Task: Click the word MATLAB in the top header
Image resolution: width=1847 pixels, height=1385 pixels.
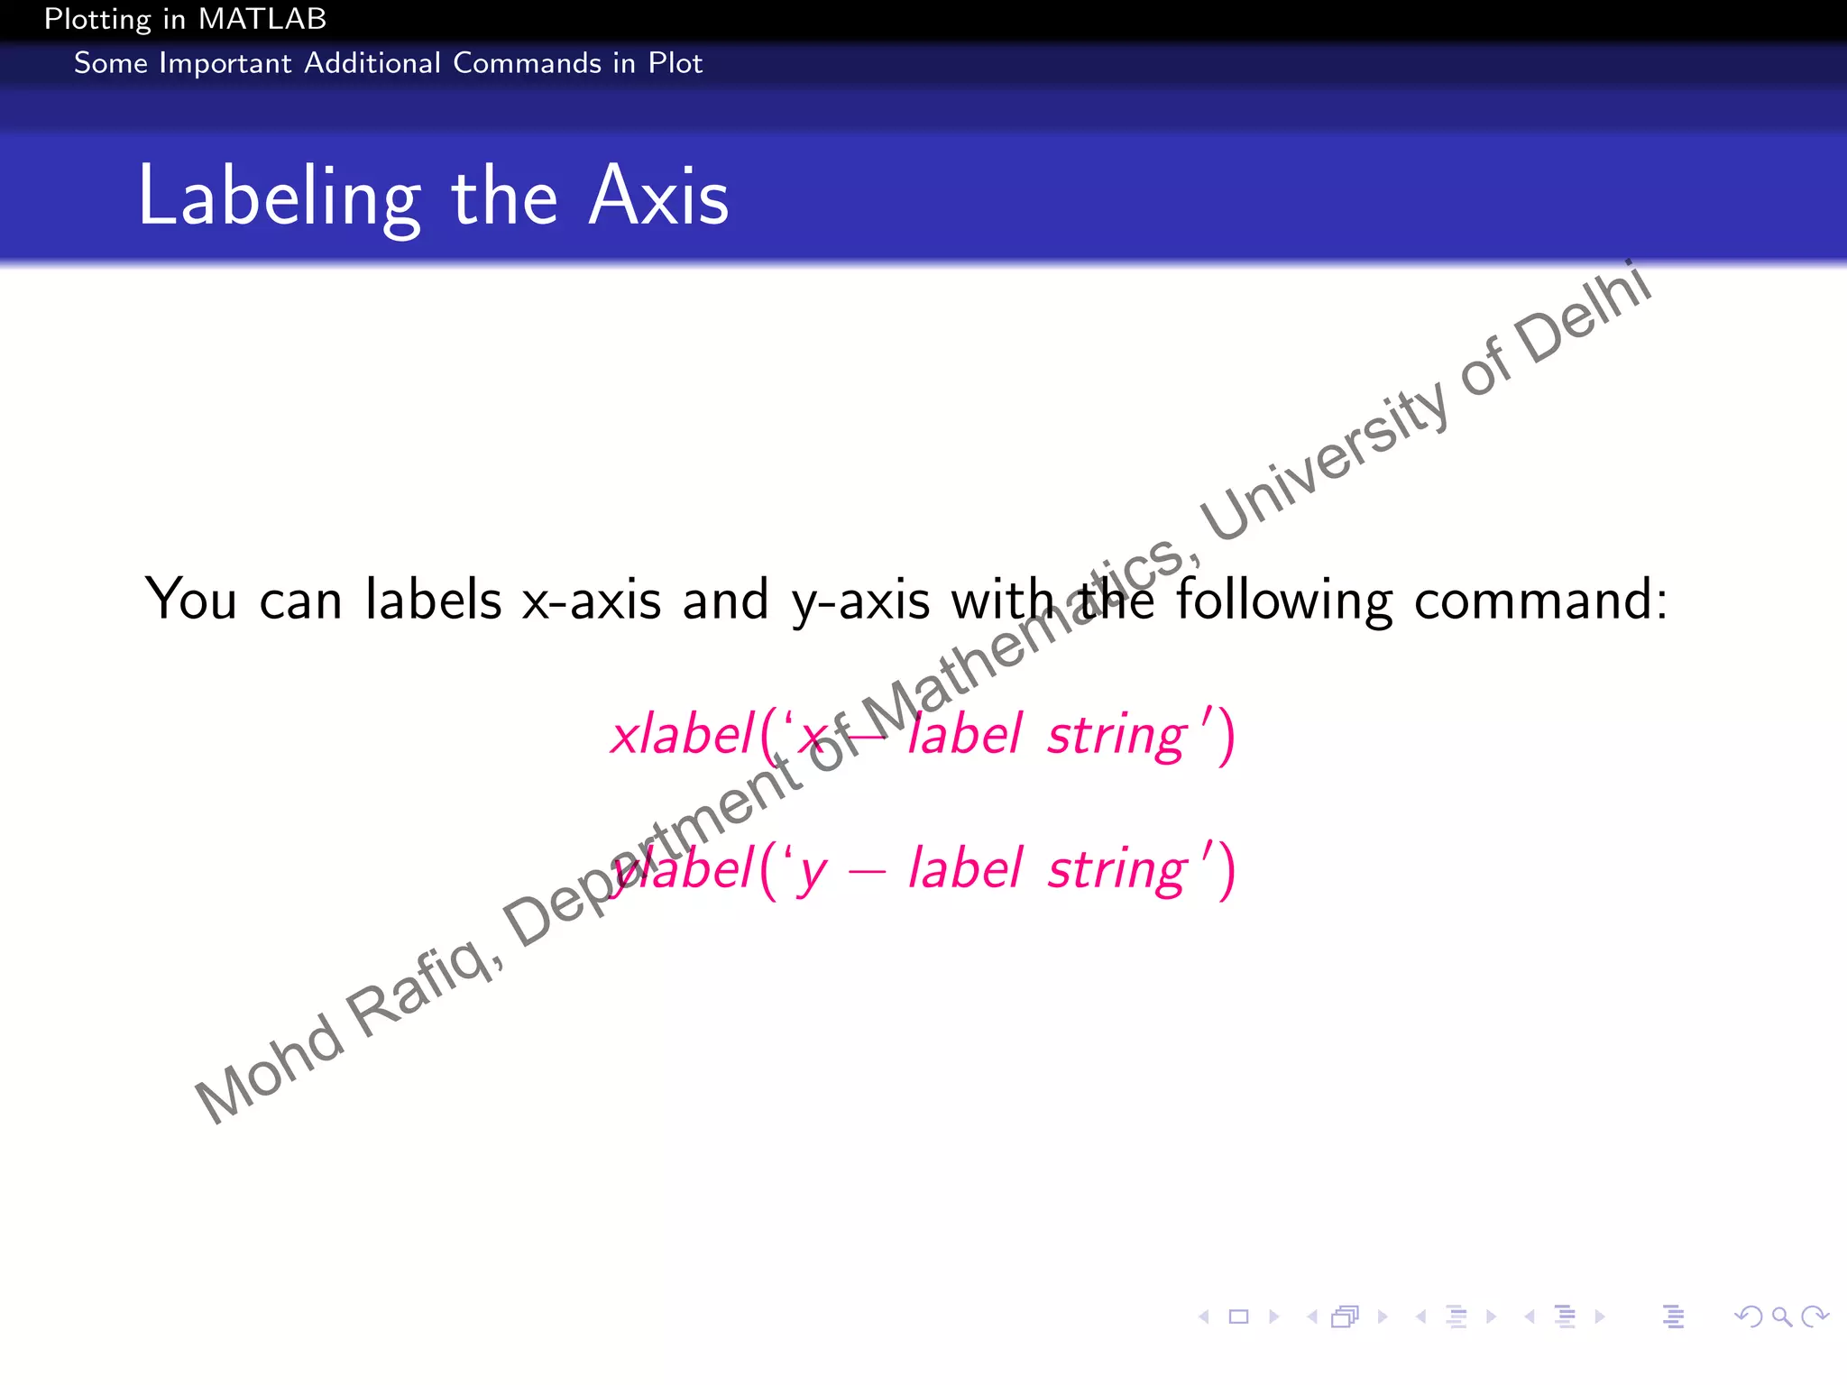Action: (x=262, y=19)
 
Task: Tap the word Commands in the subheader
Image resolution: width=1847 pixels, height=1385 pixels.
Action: (x=527, y=63)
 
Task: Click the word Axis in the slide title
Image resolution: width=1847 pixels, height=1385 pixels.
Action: (x=658, y=197)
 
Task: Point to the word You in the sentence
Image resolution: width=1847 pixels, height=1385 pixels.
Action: (x=190, y=599)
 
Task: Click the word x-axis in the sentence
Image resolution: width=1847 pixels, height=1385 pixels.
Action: (x=592, y=601)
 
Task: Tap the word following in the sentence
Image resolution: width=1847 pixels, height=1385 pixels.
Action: (x=1284, y=601)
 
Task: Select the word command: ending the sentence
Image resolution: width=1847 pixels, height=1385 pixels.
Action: (x=1540, y=601)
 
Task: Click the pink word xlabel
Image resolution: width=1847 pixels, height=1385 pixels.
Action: (x=682, y=734)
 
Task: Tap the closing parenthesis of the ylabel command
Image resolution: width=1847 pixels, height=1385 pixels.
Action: (x=1226, y=870)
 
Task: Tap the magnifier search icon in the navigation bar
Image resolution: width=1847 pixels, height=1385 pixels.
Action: (x=1782, y=1317)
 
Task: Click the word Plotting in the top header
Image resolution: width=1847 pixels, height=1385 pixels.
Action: (x=97, y=19)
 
